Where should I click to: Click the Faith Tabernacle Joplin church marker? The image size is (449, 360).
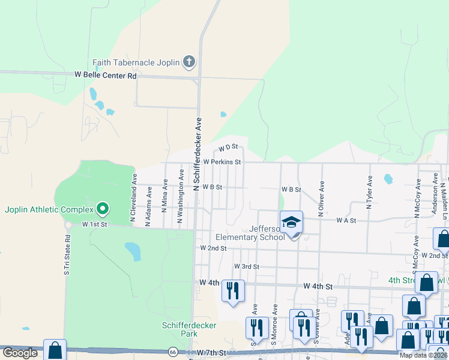188,62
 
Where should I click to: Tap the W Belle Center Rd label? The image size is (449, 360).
105,76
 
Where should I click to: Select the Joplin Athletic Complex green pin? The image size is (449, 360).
103,209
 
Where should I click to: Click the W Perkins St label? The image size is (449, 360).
222,162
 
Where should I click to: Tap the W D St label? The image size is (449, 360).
229,147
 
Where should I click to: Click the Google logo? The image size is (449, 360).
20,353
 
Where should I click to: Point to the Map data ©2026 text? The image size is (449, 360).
423,355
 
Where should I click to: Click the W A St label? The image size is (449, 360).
346,221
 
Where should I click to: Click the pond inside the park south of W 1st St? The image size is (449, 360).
132,251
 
